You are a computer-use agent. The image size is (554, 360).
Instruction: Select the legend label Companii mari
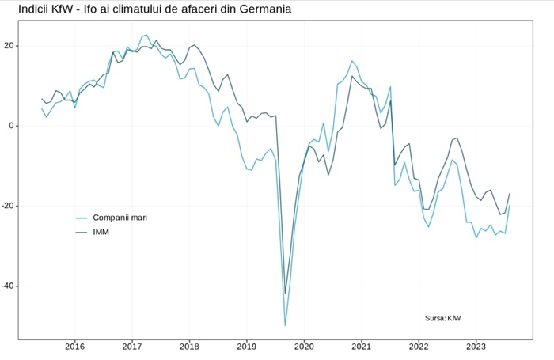pos(120,218)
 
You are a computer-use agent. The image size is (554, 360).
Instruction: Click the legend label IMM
pos(101,232)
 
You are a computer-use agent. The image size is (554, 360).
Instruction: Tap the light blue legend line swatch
pos(81,218)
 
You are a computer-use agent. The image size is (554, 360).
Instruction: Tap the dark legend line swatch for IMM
pos(81,232)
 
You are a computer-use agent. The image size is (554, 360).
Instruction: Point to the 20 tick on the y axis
pos(9,45)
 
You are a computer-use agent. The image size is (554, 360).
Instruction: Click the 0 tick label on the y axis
pos(12,126)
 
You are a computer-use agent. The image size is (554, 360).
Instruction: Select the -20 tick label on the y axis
pos(8,206)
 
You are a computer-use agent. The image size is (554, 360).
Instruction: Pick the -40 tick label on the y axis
pos(8,286)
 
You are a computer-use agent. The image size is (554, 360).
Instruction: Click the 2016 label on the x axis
pos(74,347)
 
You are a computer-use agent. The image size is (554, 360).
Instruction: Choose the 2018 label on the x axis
pos(189,347)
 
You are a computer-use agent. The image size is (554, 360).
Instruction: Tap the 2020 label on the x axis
pos(304,347)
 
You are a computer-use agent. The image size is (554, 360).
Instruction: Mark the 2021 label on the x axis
pos(361,347)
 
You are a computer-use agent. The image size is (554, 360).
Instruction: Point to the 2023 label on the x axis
pos(476,347)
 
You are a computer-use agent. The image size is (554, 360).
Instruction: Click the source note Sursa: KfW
pos(442,318)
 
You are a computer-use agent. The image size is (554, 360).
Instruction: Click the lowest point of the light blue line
pos(285,325)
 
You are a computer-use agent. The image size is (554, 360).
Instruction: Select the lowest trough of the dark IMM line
pos(286,294)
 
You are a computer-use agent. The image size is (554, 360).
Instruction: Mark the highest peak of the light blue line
pos(146,35)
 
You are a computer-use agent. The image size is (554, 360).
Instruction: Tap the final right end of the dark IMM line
pos(510,193)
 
